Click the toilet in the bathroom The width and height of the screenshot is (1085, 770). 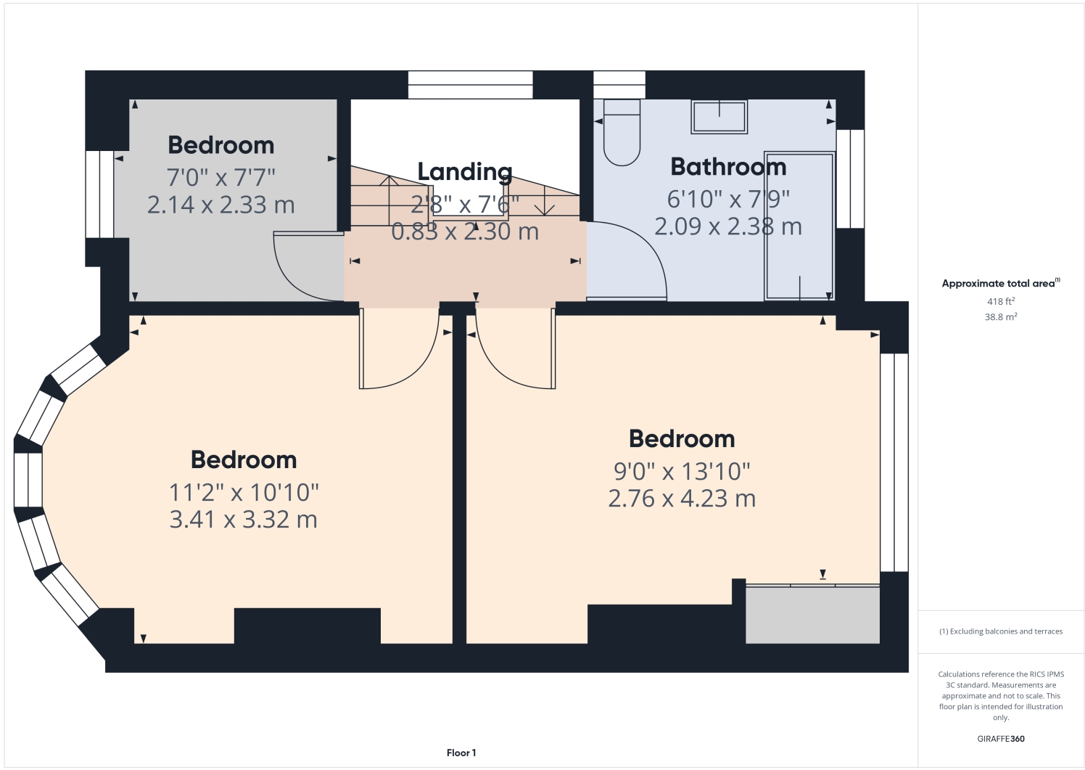622,133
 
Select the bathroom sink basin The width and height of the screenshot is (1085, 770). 719,117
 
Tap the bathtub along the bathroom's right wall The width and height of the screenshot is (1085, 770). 799,226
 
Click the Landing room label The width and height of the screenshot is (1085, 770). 465,172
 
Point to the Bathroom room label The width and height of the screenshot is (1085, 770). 728,167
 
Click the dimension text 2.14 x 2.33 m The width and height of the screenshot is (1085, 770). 220,205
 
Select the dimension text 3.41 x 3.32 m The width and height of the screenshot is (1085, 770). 243,520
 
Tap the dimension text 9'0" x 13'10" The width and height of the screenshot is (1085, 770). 682,471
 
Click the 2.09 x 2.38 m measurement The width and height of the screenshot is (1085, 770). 727,226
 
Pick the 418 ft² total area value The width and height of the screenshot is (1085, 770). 1000,301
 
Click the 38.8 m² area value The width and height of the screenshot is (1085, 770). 1000,317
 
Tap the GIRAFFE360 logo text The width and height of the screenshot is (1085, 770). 1000,739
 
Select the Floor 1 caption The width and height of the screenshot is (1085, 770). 461,753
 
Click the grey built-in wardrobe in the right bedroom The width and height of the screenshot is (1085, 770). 812,615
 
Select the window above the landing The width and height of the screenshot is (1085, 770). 470,84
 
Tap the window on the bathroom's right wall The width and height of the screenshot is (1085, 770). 850,179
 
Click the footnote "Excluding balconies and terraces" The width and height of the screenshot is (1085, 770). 1000,631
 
